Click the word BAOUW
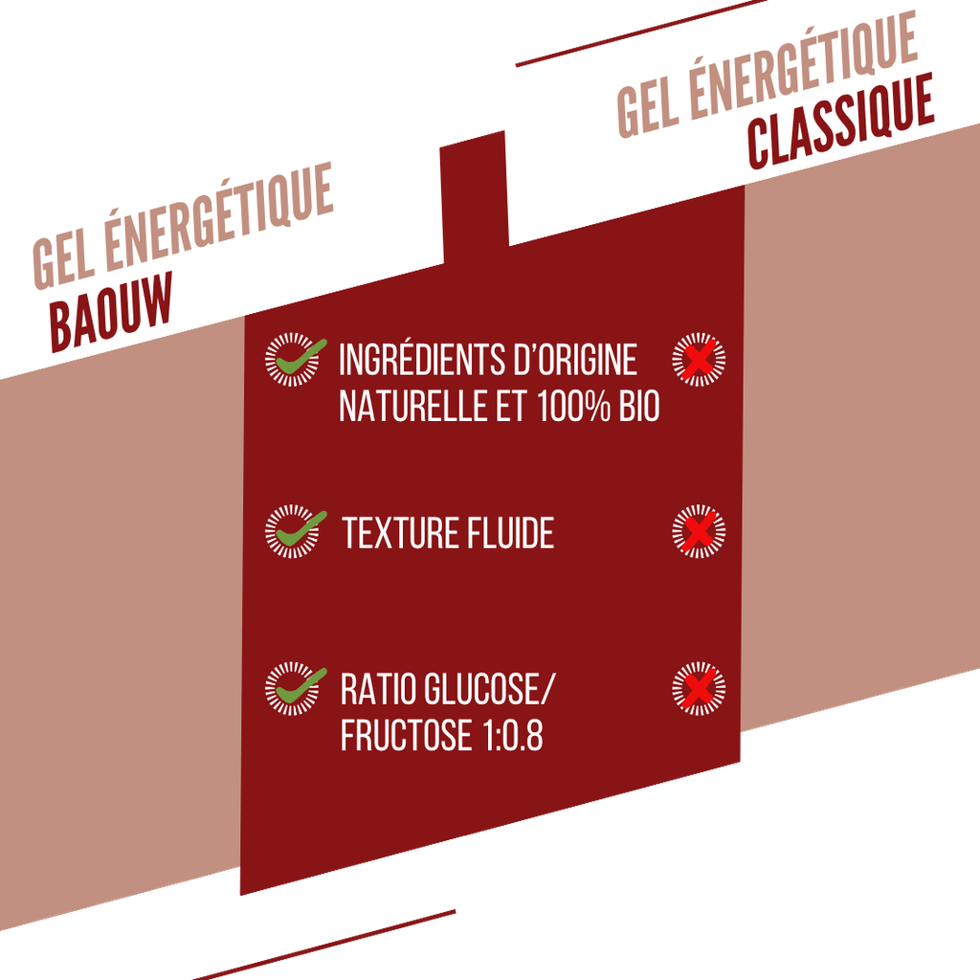point(111,312)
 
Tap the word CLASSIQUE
point(840,122)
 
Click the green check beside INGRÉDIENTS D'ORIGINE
point(300,358)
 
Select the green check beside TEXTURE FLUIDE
point(300,529)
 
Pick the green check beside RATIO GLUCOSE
point(300,686)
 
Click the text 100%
point(573,406)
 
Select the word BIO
point(639,406)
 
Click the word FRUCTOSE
point(406,735)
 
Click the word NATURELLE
point(413,406)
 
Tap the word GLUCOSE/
point(489,689)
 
